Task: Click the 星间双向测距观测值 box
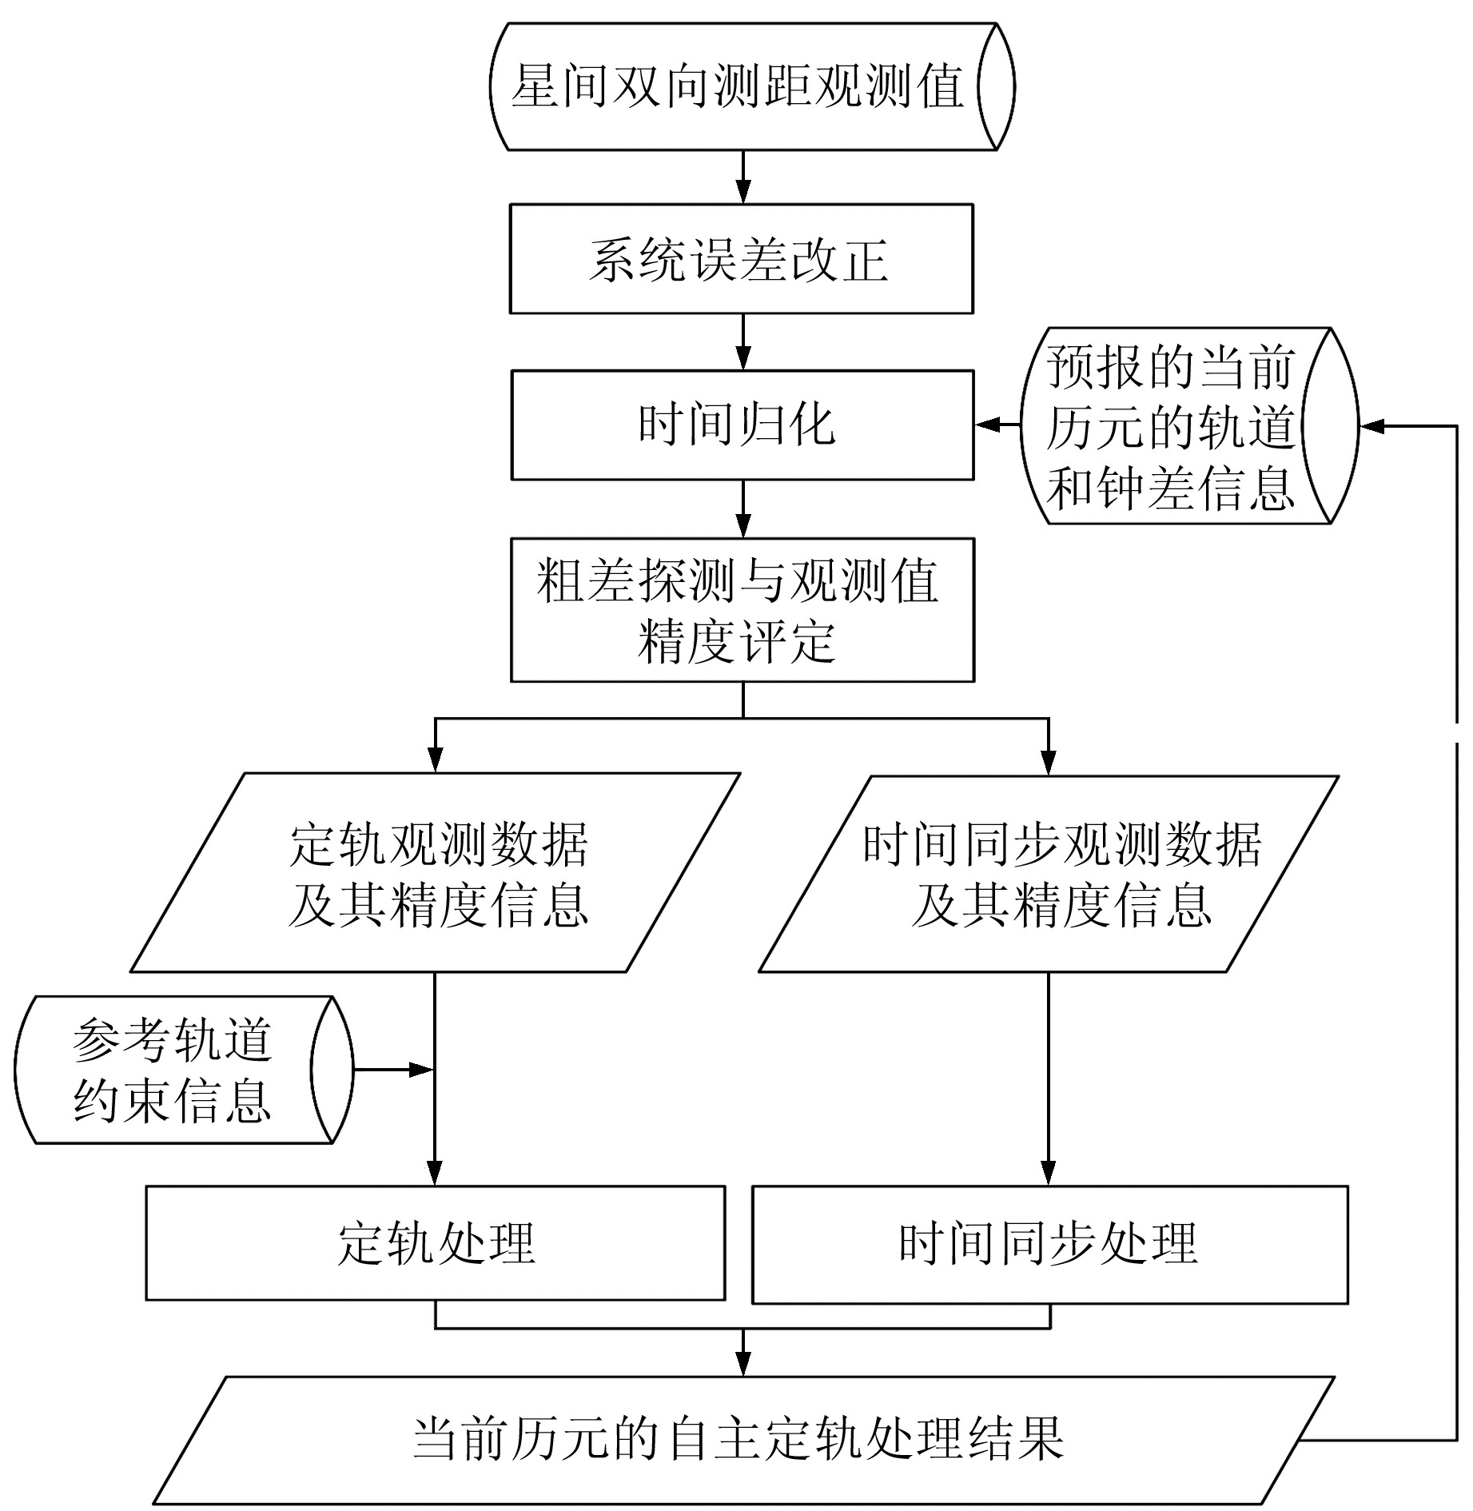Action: click(739, 86)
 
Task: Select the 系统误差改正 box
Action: click(741, 259)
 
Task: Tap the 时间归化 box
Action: click(742, 425)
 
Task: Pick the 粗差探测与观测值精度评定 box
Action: click(742, 610)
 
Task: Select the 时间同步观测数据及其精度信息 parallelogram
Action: click(1049, 873)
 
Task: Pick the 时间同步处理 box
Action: click(1049, 1244)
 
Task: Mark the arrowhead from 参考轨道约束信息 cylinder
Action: click(422, 1070)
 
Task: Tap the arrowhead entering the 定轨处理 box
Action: click(435, 1174)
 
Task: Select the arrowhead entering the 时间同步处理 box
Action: click(1049, 1174)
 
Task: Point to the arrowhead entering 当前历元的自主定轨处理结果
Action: click(743, 1364)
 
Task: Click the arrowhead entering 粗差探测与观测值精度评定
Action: click(743, 527)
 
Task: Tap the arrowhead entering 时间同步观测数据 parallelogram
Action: click(1049, 763)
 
